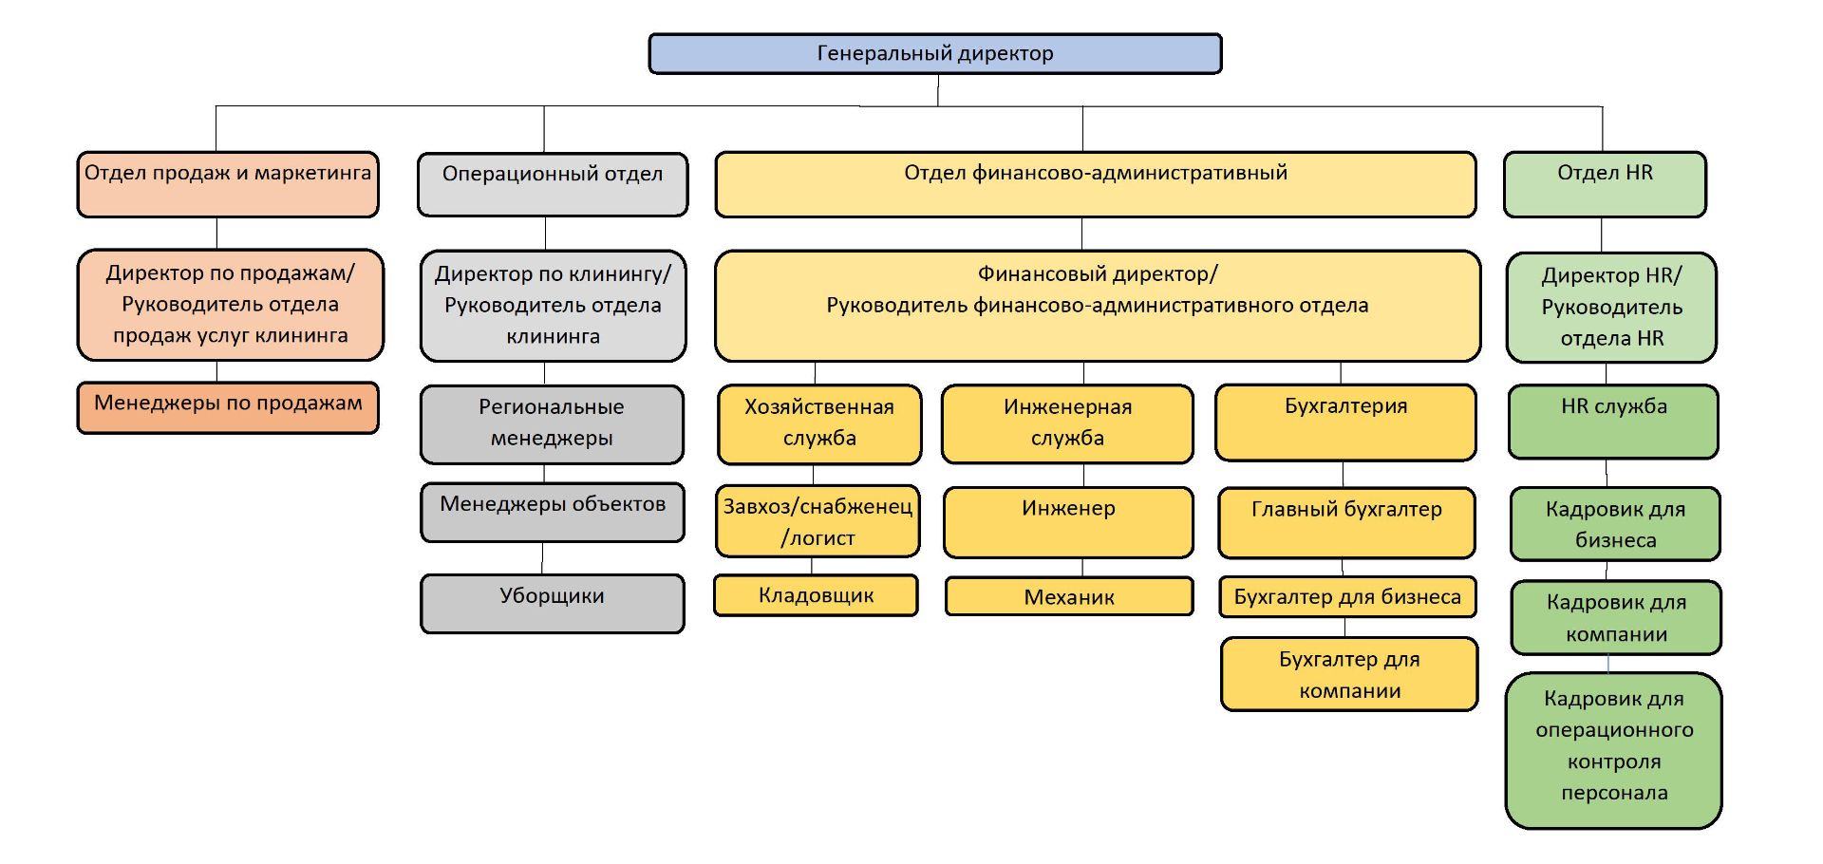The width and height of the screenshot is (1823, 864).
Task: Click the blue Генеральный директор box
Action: tap(935, 54)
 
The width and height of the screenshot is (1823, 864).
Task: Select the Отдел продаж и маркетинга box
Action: tap(228, 184)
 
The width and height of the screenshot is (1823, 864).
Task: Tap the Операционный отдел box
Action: tap(553, 184)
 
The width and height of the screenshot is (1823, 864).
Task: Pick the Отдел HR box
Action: tap(1605, 184)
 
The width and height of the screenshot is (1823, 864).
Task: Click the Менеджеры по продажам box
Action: tap(228, 407)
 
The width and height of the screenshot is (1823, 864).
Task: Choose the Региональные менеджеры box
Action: tap(552, 423)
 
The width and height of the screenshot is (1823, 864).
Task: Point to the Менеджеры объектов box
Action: tap(553, 513)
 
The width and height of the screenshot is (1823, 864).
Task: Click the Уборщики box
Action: tap(553, 603)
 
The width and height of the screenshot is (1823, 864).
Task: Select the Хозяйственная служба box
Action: tap(819, 423)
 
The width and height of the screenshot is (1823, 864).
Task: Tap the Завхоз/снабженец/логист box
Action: tap(818, 522)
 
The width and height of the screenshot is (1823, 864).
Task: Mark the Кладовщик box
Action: tap(816, 595)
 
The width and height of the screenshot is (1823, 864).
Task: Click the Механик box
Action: tap(1069, 596)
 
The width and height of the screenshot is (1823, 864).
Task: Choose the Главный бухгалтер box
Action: tap(1346, 522)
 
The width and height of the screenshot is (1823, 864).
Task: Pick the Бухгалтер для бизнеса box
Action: tap(1347, 596)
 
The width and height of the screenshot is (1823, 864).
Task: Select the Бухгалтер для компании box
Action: tap(1349, 674)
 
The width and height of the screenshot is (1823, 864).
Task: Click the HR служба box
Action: tap(1613, 422)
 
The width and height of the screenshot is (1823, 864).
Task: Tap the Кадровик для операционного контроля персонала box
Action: tap(1614, 750)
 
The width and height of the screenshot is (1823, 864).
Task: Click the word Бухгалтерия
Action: tap(1345, 406)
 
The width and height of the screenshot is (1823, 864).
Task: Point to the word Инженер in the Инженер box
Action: tap(1068, 509)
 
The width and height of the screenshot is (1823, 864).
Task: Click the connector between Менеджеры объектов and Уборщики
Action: tap(543, 558)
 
